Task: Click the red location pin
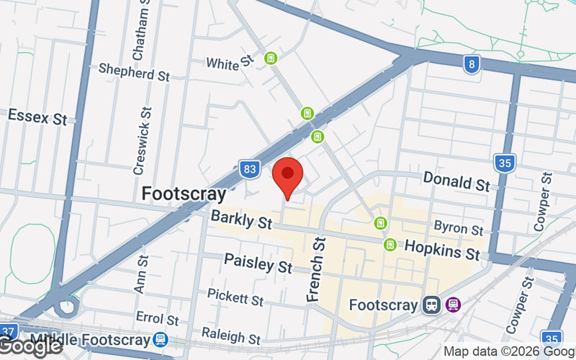click(x=287, y=176)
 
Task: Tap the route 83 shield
click(x=249, y=170)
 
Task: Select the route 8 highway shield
click(x=472, y=63)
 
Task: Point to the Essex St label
click(x=37, y=116)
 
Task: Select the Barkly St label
click(x=241, y=219)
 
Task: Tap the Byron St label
click(x=458, y=228)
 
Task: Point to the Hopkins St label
click(x=441, y=251)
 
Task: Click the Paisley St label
click(x=258, y=263)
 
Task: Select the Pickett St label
click(x=235, y=296)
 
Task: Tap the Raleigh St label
click(x=230, y=336)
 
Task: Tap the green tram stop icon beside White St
click(x=271, y=58)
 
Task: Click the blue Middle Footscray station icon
click(x=161, y=339)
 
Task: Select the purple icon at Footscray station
click(x=453, y=305)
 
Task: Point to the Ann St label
click(x=140, y=273)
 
